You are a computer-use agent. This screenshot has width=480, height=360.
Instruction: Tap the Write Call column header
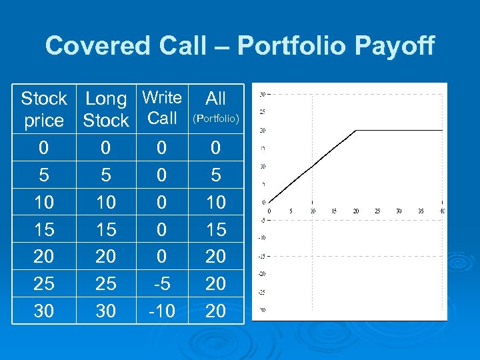pos(162,108)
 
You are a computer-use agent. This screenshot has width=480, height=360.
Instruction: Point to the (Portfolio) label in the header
pos(215,119)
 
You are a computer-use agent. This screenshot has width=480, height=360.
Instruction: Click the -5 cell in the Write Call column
pos(162,284)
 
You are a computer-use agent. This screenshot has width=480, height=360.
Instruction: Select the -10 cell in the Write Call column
pos(162,311)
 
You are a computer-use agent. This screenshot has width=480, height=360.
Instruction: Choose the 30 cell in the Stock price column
pos(43,311)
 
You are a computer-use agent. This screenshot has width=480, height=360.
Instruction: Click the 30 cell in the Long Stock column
pos(105,311)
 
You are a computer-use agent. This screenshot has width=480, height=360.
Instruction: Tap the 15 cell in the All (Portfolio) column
pos(215,229)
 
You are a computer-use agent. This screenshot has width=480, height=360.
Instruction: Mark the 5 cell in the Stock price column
pos(43,175)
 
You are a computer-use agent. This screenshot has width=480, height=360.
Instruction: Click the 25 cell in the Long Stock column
pos(105,284)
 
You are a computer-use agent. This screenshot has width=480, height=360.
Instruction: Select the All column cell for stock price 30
pos(215,311)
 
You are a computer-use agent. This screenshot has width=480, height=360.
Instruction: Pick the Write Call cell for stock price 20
pos(162,257)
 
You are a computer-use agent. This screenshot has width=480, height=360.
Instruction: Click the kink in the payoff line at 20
pos(356,130)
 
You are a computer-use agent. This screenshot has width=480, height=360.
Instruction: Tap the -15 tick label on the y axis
pos(263,255)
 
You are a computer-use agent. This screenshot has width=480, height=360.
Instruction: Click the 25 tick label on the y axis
pos(263,111)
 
